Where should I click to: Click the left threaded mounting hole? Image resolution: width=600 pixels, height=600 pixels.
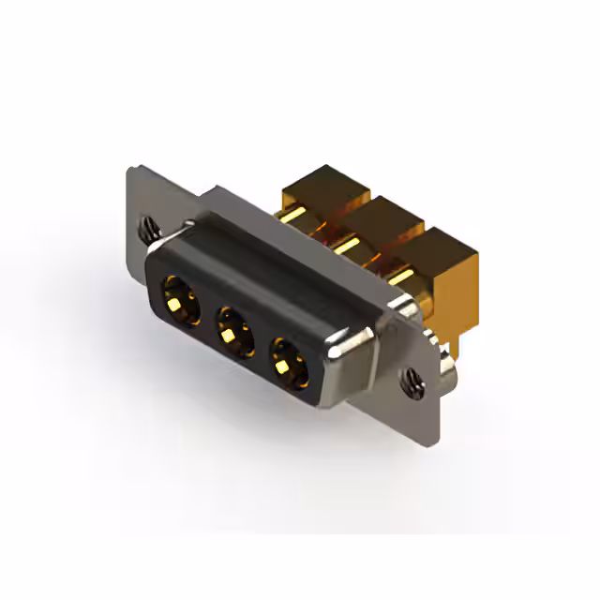tap(147, 226)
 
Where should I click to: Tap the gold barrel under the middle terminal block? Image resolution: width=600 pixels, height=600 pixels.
tap(349, 246)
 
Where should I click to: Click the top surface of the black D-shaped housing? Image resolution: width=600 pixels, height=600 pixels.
tap(272, 272)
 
